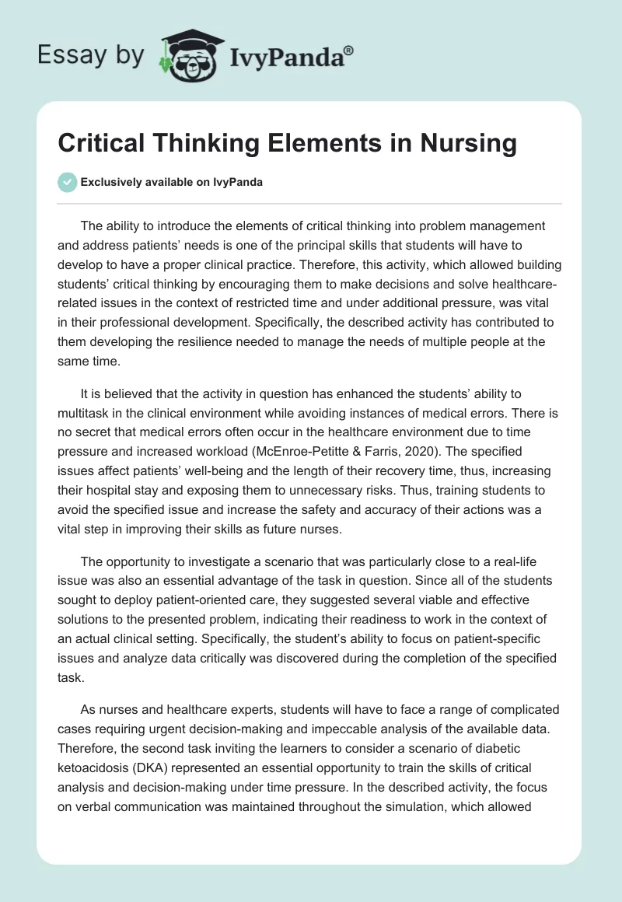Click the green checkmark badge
pyautogui.click(x=67, y=182)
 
